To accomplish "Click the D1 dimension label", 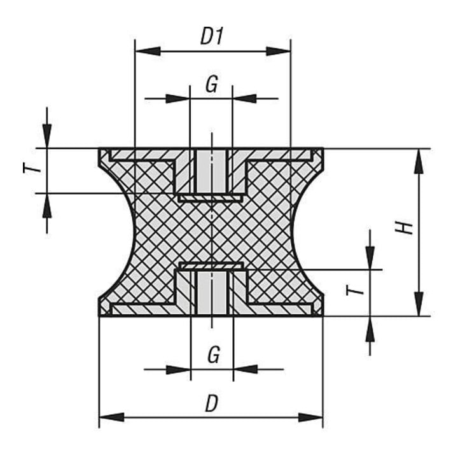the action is point(212,37).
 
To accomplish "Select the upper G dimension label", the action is point(212,85).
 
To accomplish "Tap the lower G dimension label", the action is point(214,354).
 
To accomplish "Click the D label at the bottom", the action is point(212,404).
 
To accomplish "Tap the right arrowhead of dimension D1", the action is point(278,52).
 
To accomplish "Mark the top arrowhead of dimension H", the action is point(419,162).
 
